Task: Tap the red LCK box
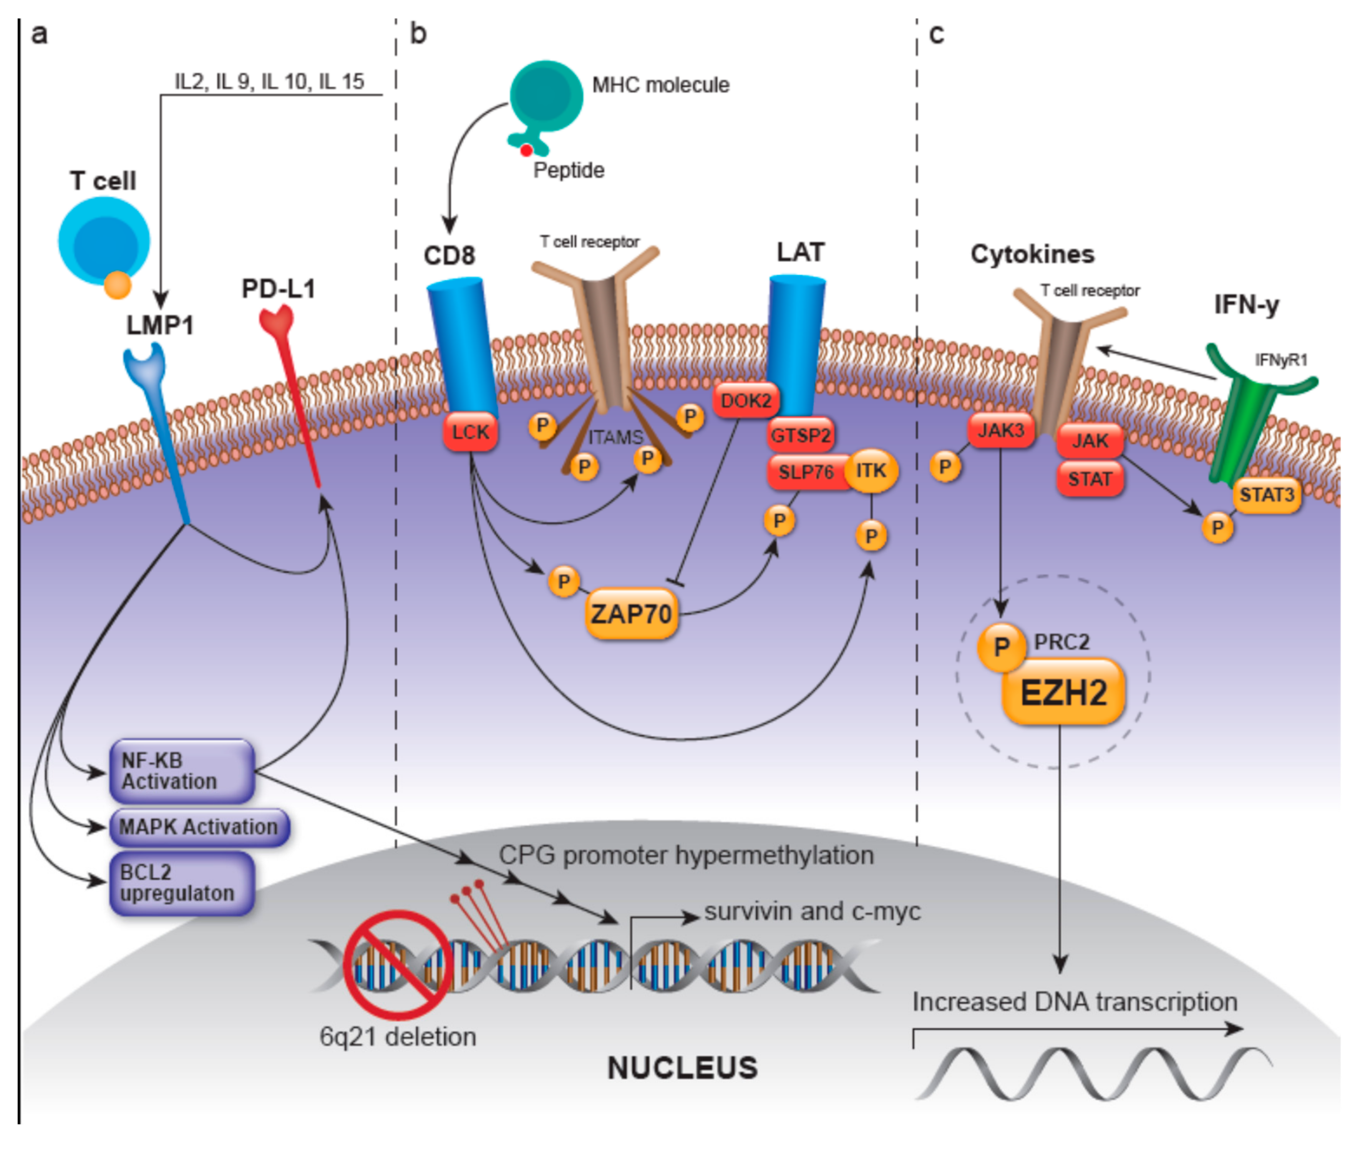470,432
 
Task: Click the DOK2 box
746,400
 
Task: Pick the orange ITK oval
871,470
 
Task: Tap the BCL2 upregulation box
181,883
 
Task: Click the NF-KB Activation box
181,771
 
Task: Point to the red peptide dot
526,151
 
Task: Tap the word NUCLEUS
682,1068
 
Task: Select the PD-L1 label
278,289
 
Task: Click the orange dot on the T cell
118,285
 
